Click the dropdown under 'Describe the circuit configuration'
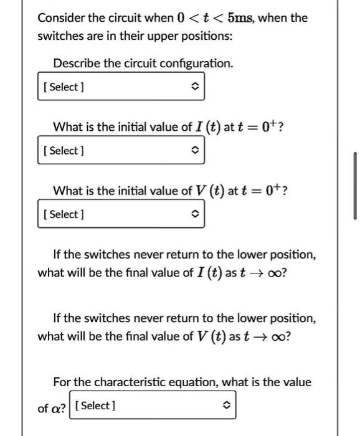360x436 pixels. [121, 87]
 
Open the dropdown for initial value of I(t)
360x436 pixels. [121, 151]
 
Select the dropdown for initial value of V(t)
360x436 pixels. [121, 214]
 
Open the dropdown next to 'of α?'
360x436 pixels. [152, 406]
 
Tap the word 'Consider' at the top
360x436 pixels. [61, 17]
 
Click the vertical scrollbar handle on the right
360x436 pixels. [355, 186]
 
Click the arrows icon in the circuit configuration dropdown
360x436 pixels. [194, 87]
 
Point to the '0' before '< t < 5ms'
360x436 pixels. [183, 17]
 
